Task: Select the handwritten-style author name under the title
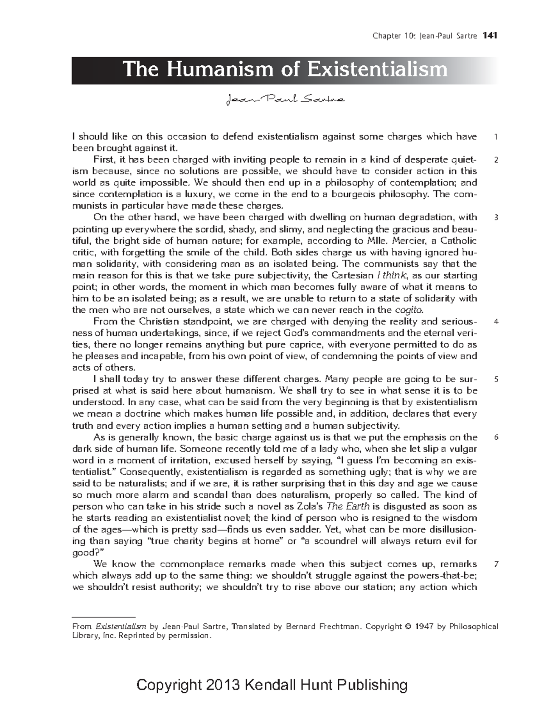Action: pyautogui.click(x=285, y=98)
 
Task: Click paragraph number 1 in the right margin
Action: pyautogui.click(x=496, y=137)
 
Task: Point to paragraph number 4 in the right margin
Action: pyautogui.click(x=496, y=322)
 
